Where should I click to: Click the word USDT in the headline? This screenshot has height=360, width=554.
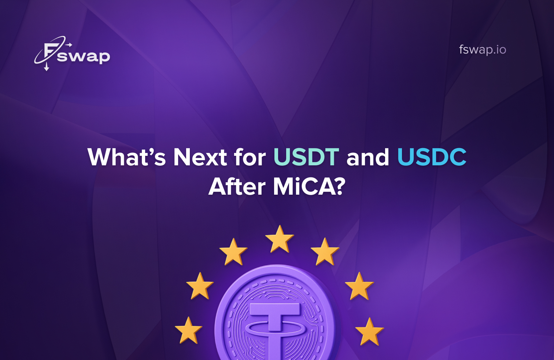[306, 157]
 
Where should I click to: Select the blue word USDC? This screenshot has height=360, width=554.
[432, 157]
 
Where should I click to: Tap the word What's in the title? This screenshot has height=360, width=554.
[127, 157]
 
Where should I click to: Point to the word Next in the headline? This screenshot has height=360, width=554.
[200, 157]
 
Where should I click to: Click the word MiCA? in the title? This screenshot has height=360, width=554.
[309, 187]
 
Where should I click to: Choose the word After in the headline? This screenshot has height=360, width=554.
[237, 187]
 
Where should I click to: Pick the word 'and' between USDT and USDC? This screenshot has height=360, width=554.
[368, 157]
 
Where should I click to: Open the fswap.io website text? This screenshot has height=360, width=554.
[482, 49]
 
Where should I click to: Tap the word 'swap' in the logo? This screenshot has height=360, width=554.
[84, 56]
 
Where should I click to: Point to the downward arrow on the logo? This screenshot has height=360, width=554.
[47, 67]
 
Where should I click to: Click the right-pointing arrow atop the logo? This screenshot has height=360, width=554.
[69, 45]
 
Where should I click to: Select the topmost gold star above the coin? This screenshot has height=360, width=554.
[280, 239]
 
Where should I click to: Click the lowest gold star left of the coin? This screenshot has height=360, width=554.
[188, 331]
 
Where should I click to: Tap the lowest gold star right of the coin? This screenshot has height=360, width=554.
[369, 332]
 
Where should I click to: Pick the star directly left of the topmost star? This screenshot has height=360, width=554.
[233, 252]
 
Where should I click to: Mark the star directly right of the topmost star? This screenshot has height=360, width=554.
[325, 252]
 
